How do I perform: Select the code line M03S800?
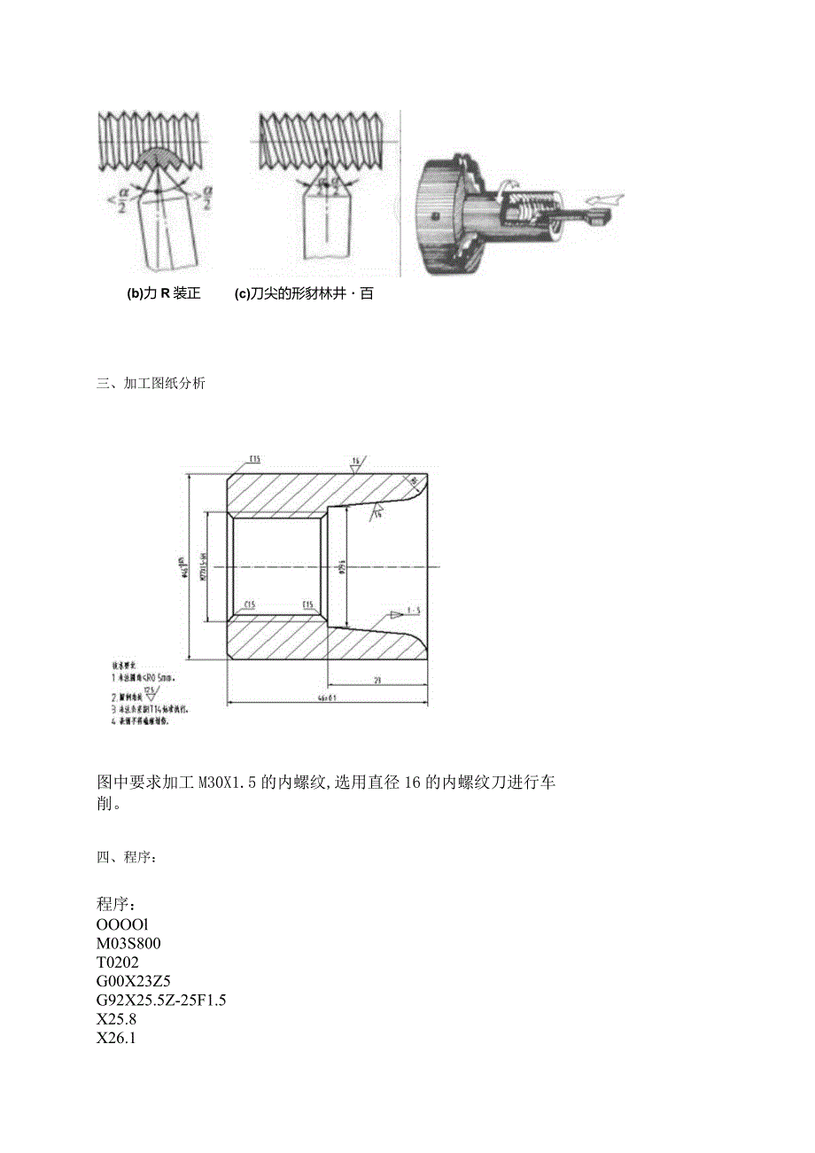[x=128, y=942]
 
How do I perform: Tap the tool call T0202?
[x=118, y=962]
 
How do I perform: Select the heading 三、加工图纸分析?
[x=151, y=384]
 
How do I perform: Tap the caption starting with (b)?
[x=164, y=294]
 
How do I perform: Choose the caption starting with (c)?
[x=304, y=294]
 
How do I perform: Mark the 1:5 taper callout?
[x=412, y=611]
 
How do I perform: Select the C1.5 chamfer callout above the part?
[x=253, y=459]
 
